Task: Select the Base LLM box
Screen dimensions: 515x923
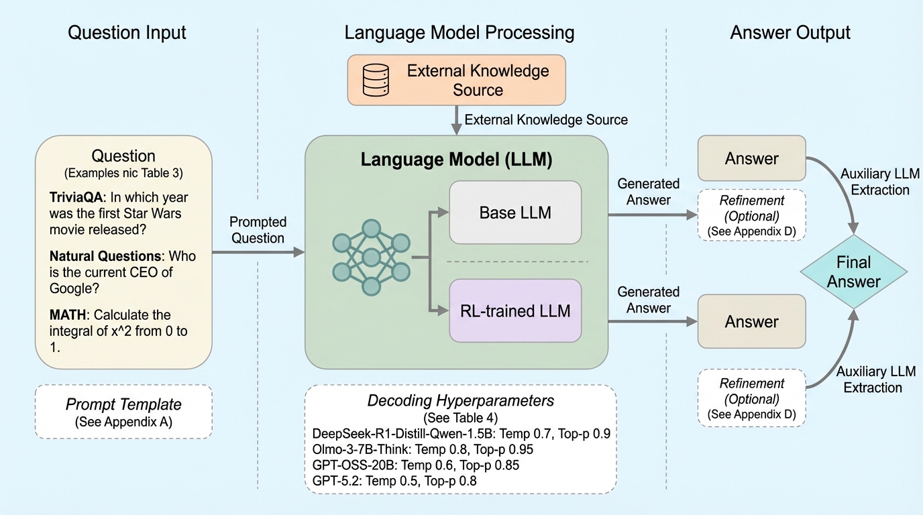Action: coord(515,213)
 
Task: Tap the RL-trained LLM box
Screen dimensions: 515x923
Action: coord(515,311)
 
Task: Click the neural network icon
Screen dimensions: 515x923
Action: coord(371,257)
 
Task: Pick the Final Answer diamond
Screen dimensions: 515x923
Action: coord(853,271)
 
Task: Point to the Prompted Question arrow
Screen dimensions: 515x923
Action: coord(258,252)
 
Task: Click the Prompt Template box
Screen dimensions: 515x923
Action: coord(123,411)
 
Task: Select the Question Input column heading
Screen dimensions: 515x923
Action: coord(127,32)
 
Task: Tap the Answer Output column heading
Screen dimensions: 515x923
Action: coord(790,32)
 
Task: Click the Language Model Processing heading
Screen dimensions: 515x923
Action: coord(459,32)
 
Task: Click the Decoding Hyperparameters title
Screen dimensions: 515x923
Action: coord(460,401)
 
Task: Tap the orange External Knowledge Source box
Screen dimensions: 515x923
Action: coord(456,80)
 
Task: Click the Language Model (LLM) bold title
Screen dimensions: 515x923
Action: coord(457,160)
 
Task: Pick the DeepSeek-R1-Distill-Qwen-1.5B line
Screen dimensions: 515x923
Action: coord(460,433)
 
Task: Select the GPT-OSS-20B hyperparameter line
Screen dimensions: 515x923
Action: coord(416,465)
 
